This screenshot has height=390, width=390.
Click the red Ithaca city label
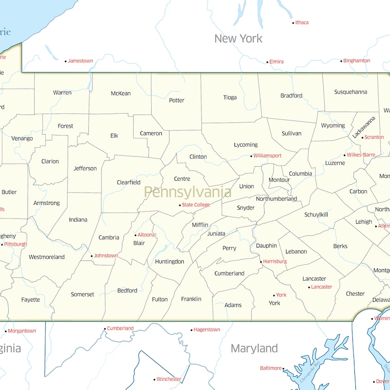click(x=302, y=22)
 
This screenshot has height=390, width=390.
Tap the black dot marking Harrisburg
click(x=261, y=262)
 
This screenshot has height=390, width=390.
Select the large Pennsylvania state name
click(x=188, y=192)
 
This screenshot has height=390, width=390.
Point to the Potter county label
click(x=176, y=100)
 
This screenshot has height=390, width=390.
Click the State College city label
click(x=196, y=205)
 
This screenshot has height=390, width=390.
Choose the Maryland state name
click(x=254, y=349)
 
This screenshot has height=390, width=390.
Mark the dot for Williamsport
click(x=251, y=156)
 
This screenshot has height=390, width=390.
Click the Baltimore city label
click(x=271, y=368)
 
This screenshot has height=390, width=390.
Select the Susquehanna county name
click(x=351, y=92)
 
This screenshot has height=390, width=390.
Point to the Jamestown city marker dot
click(x=66, y=61)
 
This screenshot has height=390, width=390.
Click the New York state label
click(x=238, y=39)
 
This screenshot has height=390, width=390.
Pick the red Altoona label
click(x=146, y=235)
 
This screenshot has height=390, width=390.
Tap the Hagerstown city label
click(x=207, y=330)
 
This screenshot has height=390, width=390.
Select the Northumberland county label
click(x=276, y=199)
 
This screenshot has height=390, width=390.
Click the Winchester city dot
click(x=154, y=379)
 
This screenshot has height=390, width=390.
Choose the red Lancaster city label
click(x=322, y=287)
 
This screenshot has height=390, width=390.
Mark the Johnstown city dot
click(x=92, y=256)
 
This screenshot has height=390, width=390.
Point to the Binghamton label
click(x=357, y=61)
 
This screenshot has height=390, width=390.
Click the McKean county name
click(x=120, y=94)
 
